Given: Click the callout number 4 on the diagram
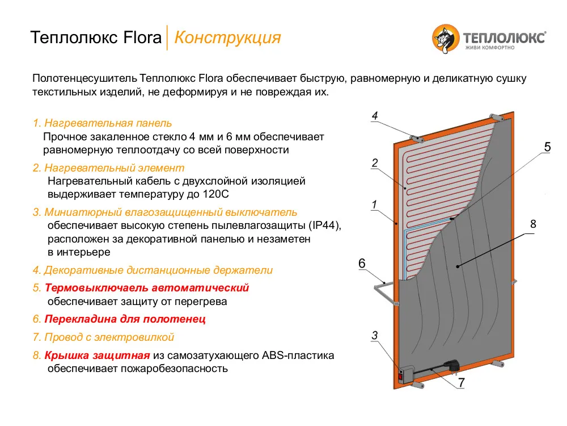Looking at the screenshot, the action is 374,116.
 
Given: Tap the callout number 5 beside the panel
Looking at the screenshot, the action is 547,147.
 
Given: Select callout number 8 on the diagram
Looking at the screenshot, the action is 533,224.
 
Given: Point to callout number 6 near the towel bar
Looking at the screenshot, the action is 362,264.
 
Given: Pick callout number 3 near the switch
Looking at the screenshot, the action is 374,336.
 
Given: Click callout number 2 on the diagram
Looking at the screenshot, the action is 374,164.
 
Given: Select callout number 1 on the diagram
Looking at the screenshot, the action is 374,203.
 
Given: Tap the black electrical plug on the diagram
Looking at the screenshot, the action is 452,367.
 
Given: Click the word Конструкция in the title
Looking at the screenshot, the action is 227,37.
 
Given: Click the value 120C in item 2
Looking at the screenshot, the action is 215,194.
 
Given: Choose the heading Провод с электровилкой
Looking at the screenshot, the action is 109,337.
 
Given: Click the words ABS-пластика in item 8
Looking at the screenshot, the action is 298,356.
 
